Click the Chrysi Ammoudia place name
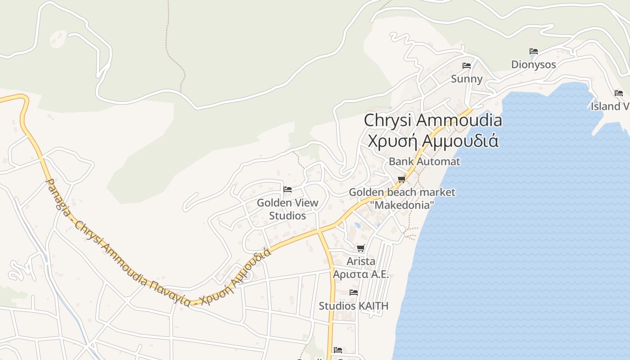(x=432, y=121)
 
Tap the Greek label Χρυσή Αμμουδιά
(x=432, y=140)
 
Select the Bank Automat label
(x=424, y=161)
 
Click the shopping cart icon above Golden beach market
(x=402, y=179)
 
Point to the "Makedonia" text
(x=402, y=205)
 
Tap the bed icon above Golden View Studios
(x=288, y=189)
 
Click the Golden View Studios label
(x=288, y=209)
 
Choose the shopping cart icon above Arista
(x=360, y=248)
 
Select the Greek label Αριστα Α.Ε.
(x=361, y=274)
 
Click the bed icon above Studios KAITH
(x=354, y=292)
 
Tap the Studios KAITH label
(x=353, y=306)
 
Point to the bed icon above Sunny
(x=467, y=66)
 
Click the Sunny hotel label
(x=467, y=79)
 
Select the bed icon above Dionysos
(x=534, y=51)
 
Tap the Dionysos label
(x=534, y=65)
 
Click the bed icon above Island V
(x=619, y=93)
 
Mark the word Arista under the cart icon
(x=361, y=261)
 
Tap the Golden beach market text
(x=402, y=192)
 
